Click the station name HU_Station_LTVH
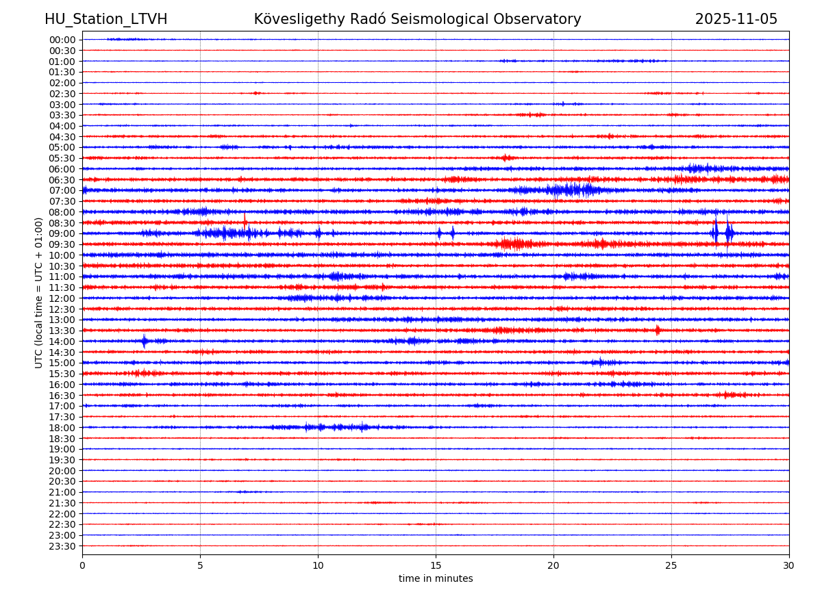tap(105, 19)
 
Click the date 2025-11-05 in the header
tap(736, 19)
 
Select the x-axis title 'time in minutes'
tap(436, 579)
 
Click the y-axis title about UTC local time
tap(39, 292)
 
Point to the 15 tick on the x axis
tap(436, 566)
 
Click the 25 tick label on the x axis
tap(671, 566)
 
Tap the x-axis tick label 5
tap(200, 566)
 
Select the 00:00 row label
tap(62, 40)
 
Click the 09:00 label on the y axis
tap(62, 233)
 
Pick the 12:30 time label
tap(62, 309)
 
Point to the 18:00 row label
tap(62, 428)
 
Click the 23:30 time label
tap(62, 546)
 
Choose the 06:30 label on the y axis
tap(62, 180)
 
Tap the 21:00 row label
tap(62, 492)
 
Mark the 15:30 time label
tap(62, 374)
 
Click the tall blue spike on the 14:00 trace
tap(144, 341)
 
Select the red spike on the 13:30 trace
tap(658, 330)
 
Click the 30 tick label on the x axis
tap(789, 566)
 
